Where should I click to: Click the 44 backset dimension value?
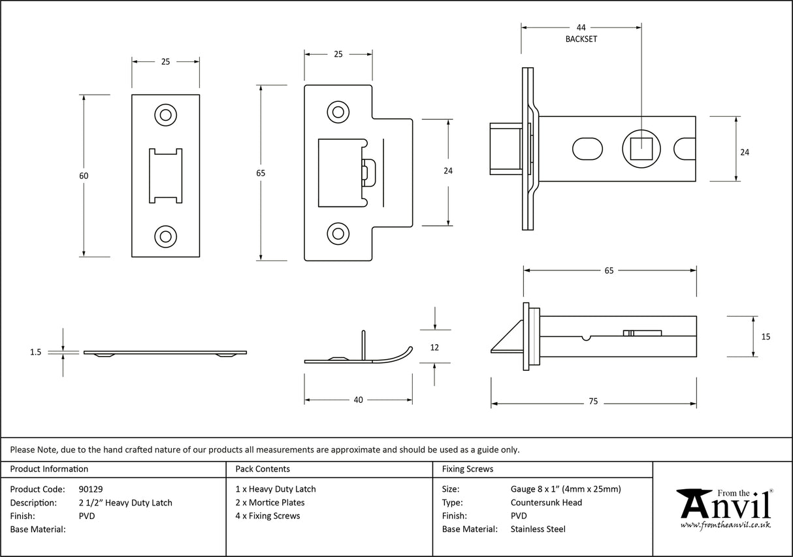tap(581, 27)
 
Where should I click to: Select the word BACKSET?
tap(581, 39)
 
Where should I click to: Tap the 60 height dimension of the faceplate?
tap(84, 176)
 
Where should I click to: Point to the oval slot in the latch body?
tap(587, 149)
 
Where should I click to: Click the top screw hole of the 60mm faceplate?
tap(165, 115)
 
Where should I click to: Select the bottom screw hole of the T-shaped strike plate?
tap(338, 232)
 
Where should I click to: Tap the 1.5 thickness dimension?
tap(35, 352)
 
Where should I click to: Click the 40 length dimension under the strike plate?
tap(358, 400)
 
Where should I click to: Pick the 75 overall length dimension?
tap(592, 402)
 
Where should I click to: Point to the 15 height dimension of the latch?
tap(766, 337)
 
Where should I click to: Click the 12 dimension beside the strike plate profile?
tap(435, 347)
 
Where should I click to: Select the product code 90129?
tap(90, 489)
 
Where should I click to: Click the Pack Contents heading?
tap(263, 469)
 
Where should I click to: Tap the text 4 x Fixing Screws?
tap(268, 516)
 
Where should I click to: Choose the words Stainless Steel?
tap(538, 529)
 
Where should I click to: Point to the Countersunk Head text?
tap(546, 502)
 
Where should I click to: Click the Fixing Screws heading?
tap(468, 469)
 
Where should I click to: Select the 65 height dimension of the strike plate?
tap(261, 173)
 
